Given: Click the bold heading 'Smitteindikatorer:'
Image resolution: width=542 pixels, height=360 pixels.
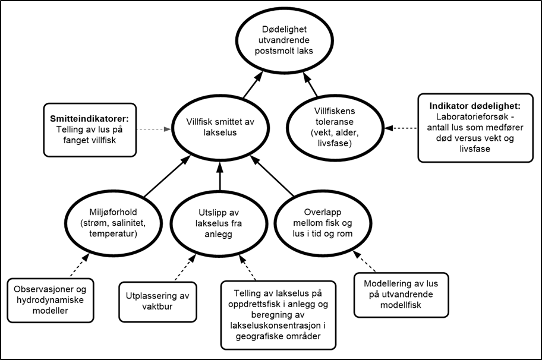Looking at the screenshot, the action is [89, 119].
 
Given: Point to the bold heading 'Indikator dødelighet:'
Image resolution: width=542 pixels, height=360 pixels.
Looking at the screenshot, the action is [475, 106].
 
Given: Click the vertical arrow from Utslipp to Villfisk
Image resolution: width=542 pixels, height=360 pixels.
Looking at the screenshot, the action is [220, 175].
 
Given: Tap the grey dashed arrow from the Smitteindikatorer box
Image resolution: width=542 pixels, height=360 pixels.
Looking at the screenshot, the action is [154, 130].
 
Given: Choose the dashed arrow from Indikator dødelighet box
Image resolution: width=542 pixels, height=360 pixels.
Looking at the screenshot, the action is [401, 128].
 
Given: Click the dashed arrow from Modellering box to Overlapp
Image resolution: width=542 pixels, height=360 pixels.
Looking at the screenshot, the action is [364, 262].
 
